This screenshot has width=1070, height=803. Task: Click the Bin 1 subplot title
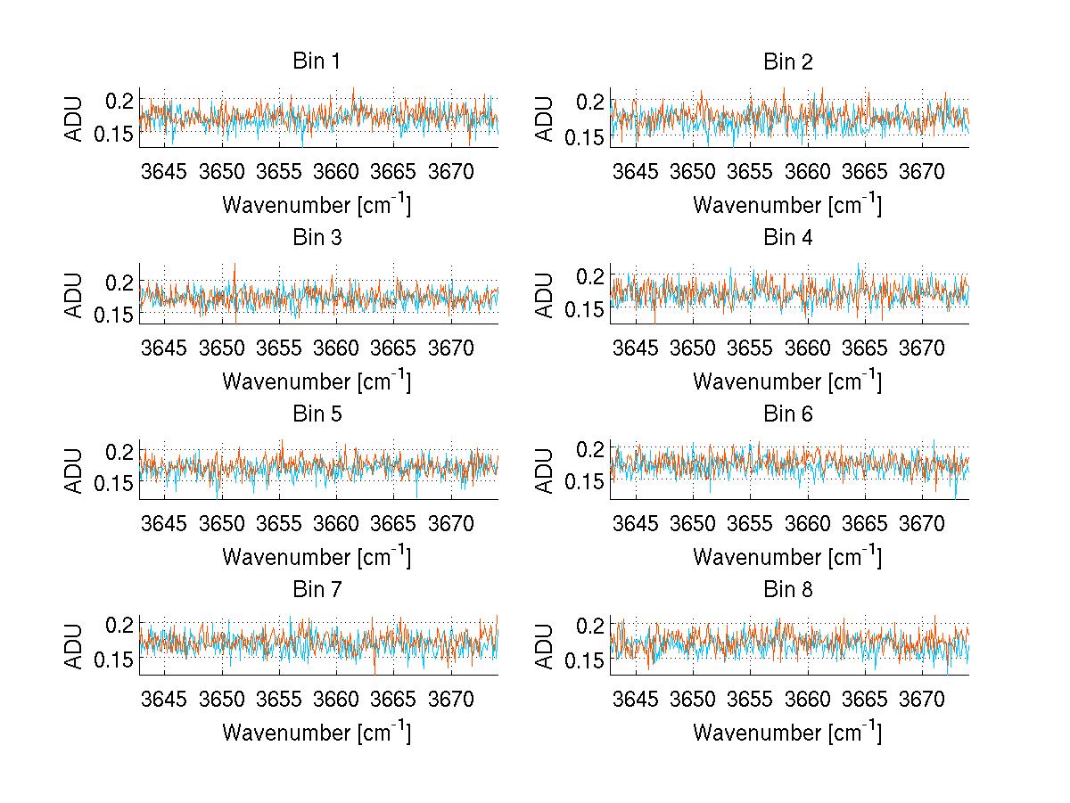tap(317, 62)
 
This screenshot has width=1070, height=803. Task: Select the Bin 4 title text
tap(788, 238)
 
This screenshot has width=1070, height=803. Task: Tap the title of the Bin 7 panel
tap(317, 590)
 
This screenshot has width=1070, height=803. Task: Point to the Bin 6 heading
tap(788, 414)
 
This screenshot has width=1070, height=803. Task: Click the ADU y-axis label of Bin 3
tap(74, 294)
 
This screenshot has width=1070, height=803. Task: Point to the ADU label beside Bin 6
tap(545, 470)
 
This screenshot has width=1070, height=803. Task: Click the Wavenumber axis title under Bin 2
tap(787, 205)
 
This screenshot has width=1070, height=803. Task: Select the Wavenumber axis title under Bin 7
tap(317, 733)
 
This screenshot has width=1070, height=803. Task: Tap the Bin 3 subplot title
tap(317, 238)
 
